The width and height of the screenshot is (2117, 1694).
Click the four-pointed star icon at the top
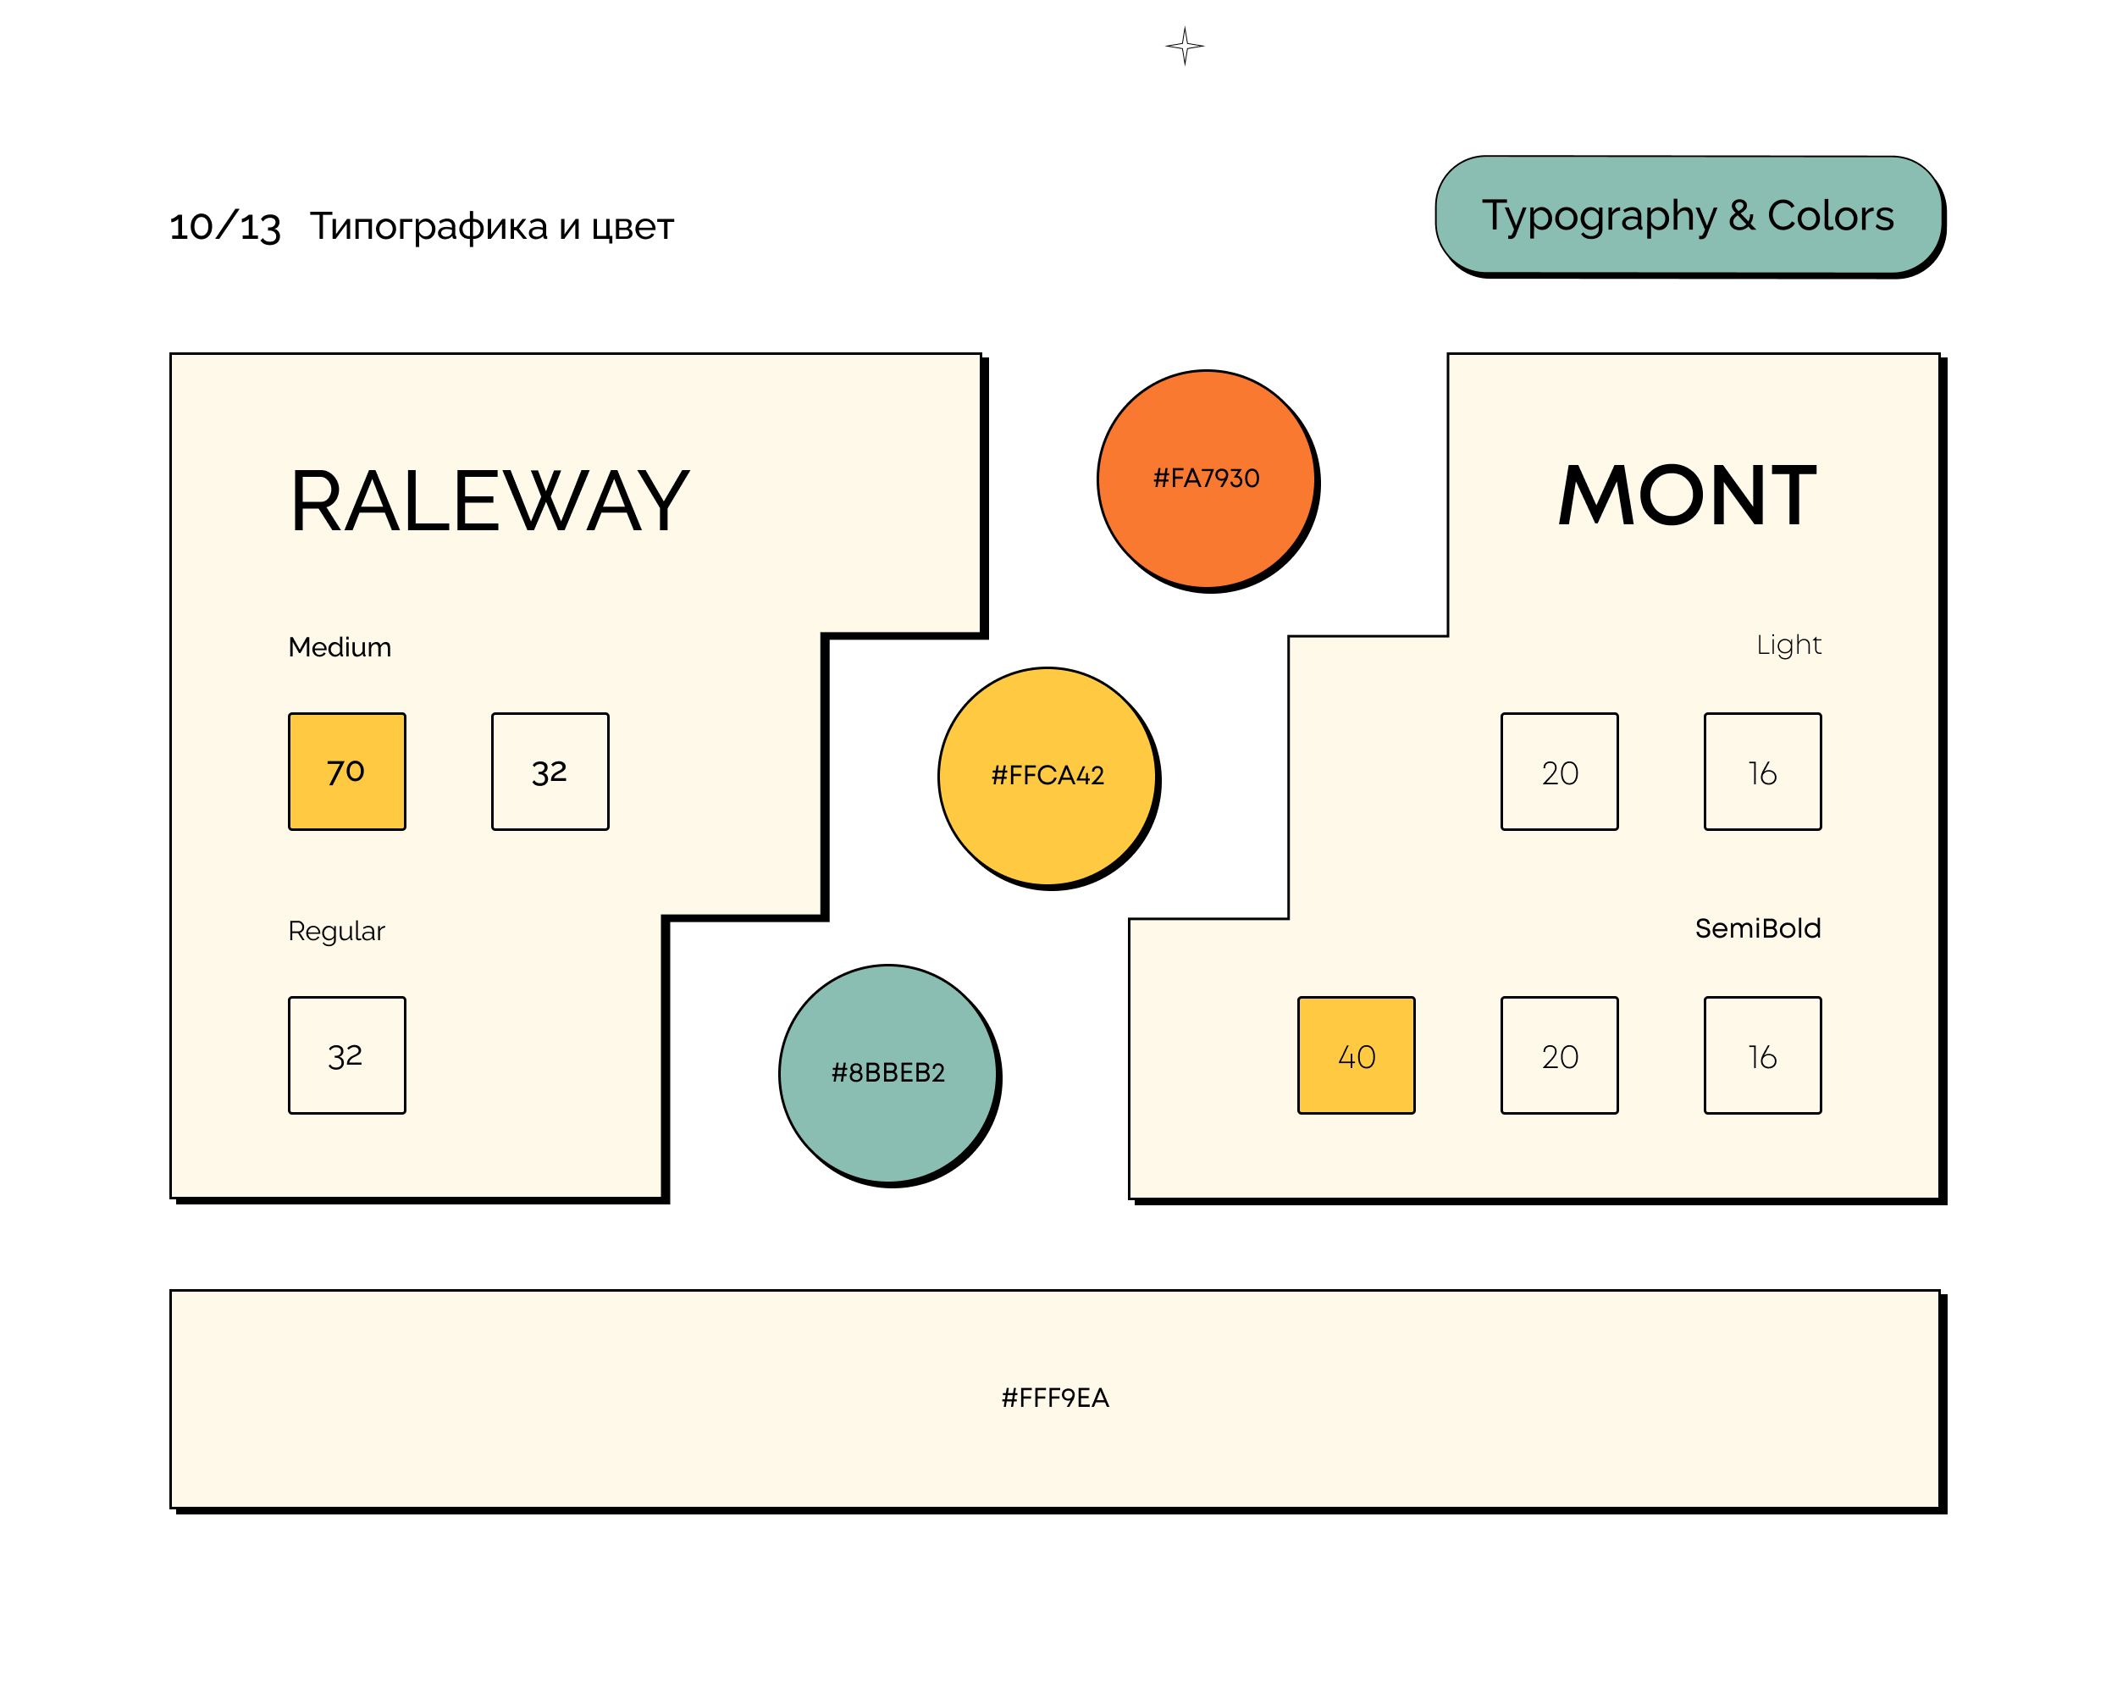pos(1186,46)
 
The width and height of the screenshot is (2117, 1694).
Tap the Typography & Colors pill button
pos(1688,215)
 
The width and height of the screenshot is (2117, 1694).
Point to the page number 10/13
pos(225,227)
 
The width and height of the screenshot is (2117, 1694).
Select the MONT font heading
pos(1687,496)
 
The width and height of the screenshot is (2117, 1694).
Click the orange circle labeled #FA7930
pos(1207,479)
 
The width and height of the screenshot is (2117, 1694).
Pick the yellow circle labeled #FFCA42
pos(1047,776)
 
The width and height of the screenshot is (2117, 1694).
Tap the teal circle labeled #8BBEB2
pos(888,1073)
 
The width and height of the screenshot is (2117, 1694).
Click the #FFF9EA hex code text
pos(1054,1398)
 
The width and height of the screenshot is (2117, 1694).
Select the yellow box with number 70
pos(346,772)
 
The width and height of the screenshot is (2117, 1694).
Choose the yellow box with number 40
pos(1356,1055)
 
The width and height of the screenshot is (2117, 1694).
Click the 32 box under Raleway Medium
pos(550,772)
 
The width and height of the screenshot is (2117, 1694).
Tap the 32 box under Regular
pos(346,1055)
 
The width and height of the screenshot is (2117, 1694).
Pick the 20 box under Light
pos(1559,772)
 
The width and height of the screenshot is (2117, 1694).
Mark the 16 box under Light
pos(1762,772)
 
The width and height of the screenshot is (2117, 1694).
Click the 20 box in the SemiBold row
pos(1559,1055)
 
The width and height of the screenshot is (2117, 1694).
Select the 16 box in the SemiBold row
pos(1762,1055)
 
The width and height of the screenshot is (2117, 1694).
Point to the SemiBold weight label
pos(1758,928)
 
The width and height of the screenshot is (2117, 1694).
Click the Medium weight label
pos(340,647)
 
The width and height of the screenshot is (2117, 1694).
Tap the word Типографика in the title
pos(429,227)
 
